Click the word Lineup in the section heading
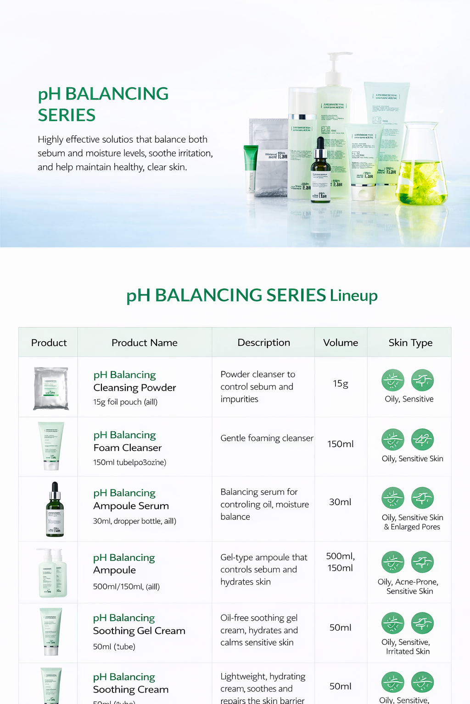(353, 296)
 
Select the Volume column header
(341, 343)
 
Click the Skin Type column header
(410, 343)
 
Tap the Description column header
(263, 343)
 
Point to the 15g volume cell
(341, 384)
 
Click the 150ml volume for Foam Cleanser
(341, 444)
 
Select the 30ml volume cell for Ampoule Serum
(341, 502)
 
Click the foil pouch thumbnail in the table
(50, 388)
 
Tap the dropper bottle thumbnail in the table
(55, 510)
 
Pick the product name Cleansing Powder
(134, 388)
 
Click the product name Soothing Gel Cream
(139, 631)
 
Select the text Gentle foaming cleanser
(267, 438)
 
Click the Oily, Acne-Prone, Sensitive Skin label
(408, 587)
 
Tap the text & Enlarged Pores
(412, 527)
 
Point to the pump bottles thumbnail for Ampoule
(51, 572)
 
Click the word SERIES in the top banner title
(67, 115)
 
